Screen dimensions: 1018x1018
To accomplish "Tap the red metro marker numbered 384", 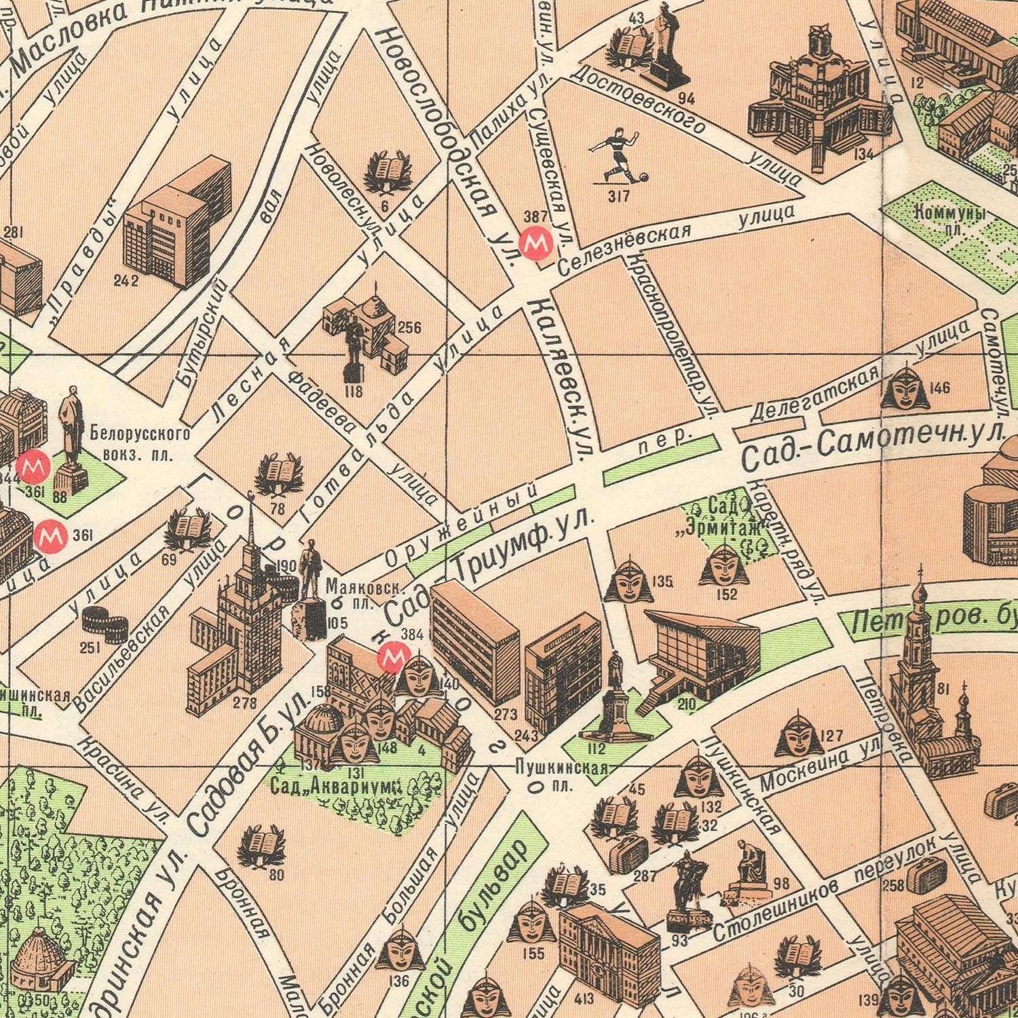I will coord(392,657).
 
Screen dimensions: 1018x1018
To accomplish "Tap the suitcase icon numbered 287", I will coord(628,853).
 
